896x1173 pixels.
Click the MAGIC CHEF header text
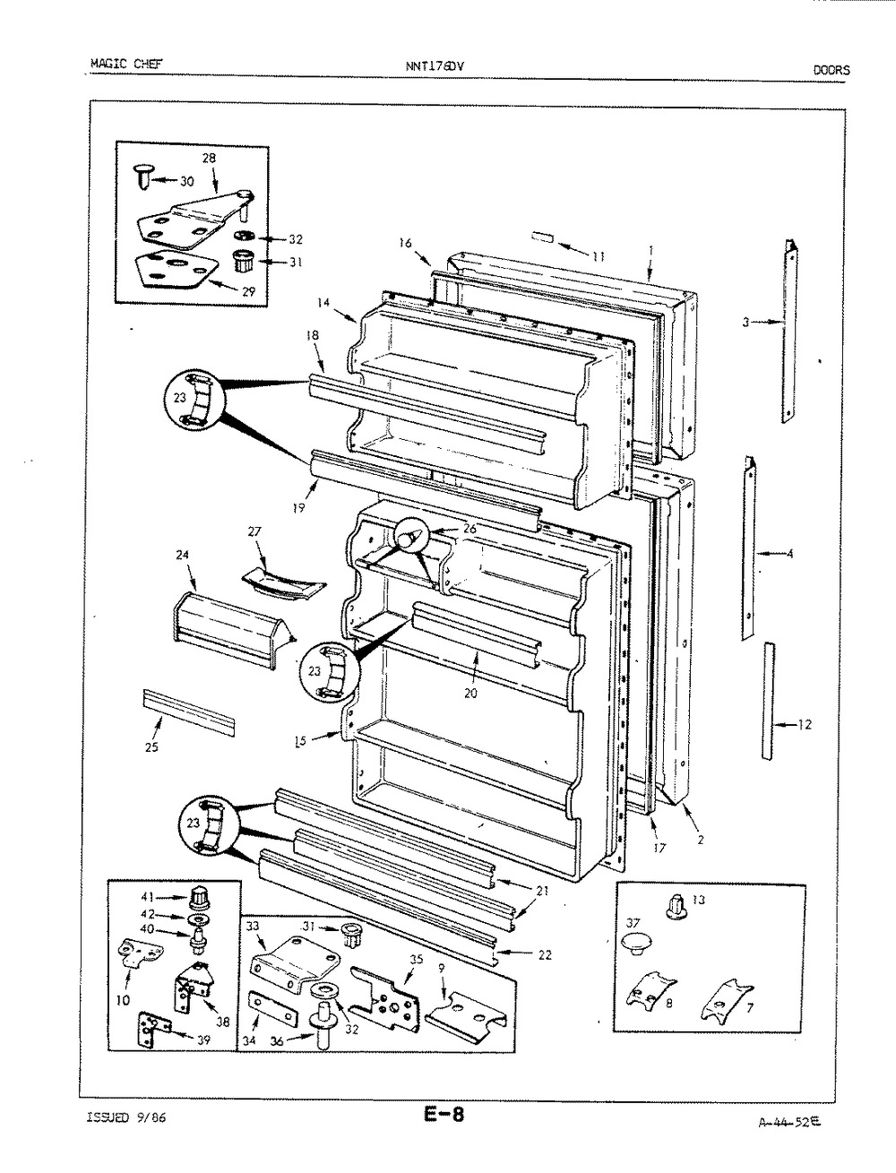pyautogui.click(x=126, y=64)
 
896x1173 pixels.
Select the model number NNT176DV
pyautogui.click(x=434, y=66)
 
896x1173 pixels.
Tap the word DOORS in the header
pyautogui.click(x=831, y=70)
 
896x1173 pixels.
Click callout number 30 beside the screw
pyautogui.click(x=186, y=182)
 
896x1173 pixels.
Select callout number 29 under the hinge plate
pyautogui.click(x=248, y=291)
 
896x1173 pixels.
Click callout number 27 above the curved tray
pyautogui.click(x=254, y=531)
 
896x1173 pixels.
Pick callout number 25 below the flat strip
pyautogui.click(x=151, y=747)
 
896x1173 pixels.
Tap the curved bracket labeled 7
pyautogui.click(x=726, y=998)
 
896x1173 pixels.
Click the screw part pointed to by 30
pyautogui.click(x=142, y=176)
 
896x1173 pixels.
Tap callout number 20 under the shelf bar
pyautogui.click(x=470, y=694)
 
